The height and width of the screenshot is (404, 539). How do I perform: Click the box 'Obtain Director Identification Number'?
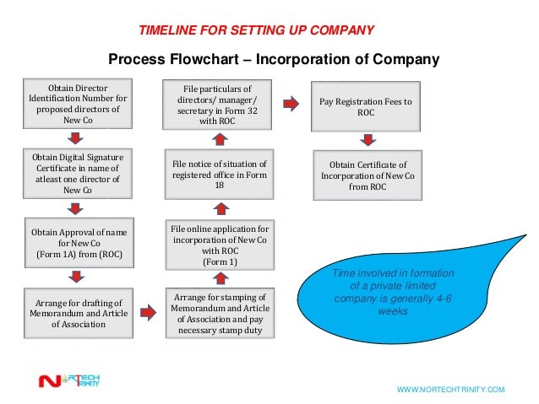click(77, 105)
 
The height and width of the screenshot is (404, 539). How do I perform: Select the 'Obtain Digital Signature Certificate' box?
click(77, 175)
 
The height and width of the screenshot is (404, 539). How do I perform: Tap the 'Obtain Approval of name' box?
click(77, 243)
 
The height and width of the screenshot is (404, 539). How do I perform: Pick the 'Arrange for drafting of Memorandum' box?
click(77, 312)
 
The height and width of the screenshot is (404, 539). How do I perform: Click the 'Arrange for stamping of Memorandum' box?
click(219, 313)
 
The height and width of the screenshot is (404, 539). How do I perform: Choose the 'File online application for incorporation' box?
click(219, 245)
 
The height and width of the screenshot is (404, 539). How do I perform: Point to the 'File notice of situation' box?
click(219, 175)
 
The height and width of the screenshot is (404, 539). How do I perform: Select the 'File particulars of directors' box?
click(218, 105)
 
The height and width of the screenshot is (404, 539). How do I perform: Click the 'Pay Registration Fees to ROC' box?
click(366, 106)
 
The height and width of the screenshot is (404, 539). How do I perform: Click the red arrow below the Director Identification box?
click(78, 138)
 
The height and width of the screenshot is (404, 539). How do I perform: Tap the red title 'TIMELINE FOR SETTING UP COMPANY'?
click(256, 31)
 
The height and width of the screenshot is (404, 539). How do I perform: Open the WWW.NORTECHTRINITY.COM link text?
click(450, 390)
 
